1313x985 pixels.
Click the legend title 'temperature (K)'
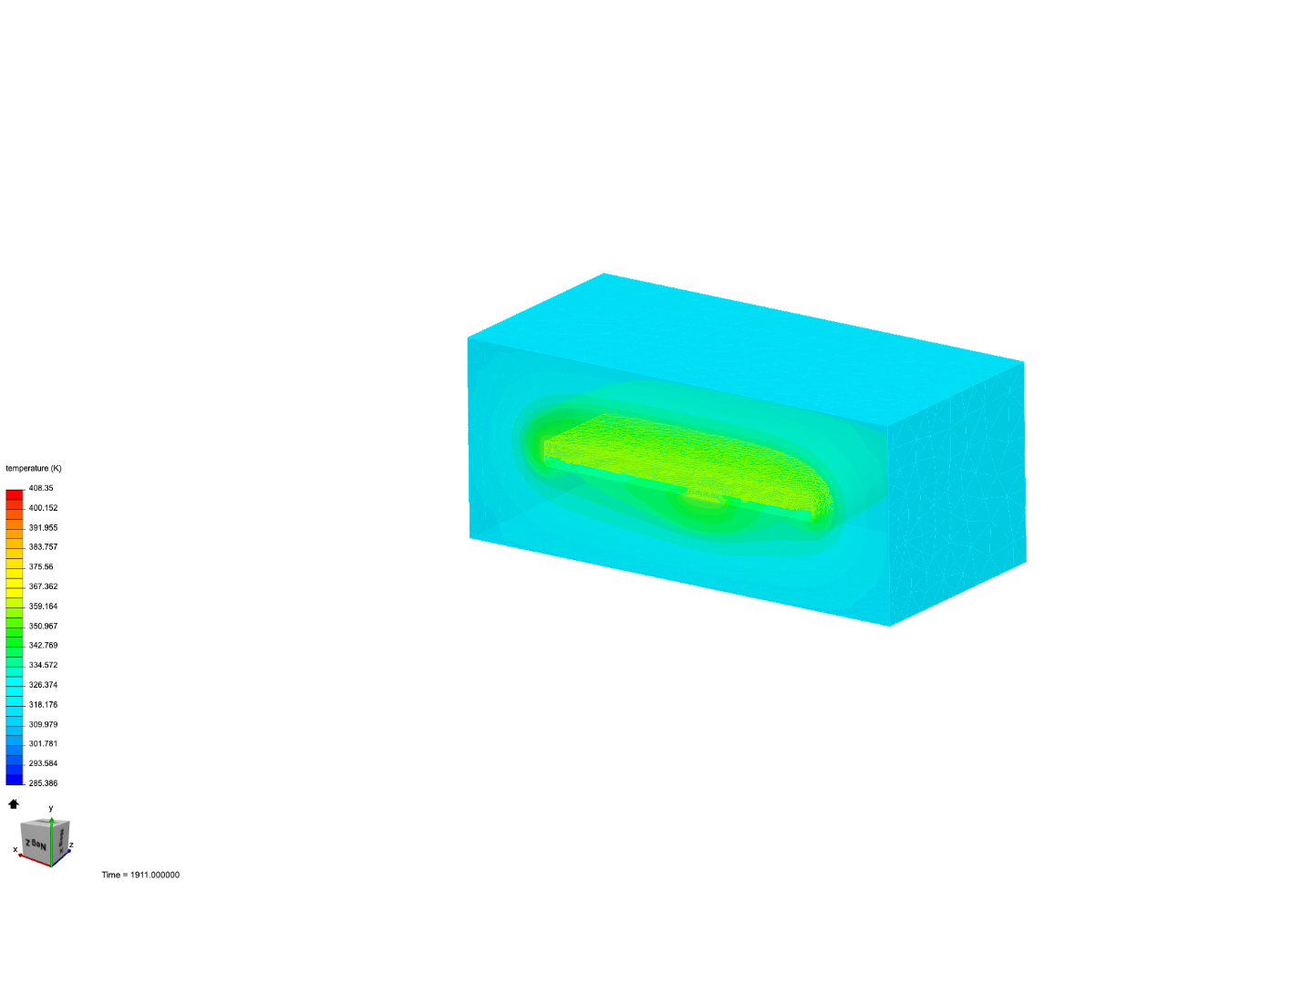tap(34, 468)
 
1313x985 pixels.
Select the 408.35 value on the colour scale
tap(41, 488)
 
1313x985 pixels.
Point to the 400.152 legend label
tap(43, 508)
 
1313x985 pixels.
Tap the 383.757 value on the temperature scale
tap(43, 547)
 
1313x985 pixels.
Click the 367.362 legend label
tap(43, 586)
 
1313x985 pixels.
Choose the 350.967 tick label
tap(43, 627)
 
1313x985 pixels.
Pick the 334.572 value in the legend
tap(43, 665)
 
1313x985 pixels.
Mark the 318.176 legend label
tap(43, 705)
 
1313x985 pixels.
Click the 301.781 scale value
tap(43, 744)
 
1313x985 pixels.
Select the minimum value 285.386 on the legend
tap(43, 783)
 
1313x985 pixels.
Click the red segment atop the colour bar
tap(15, 495)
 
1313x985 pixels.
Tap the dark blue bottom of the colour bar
tap(15, 779)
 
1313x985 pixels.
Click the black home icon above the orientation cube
tap(14, 804)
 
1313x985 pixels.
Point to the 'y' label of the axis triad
tap(51, 808)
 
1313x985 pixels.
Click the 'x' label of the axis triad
tap(16, 849)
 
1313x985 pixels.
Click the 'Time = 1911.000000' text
tap(140, 875)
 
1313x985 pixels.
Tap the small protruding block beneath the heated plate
tap(704, 493)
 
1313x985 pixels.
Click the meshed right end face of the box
tap(957, 493)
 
